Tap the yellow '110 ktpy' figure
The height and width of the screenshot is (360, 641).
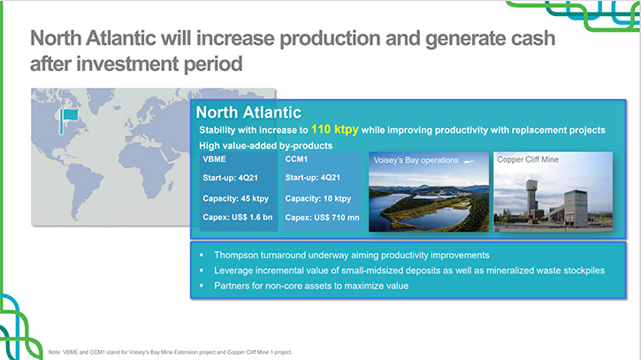pos(335,130)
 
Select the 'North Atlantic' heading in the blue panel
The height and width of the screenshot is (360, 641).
pos(248,112)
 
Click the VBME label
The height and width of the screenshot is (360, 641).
pos(214,159)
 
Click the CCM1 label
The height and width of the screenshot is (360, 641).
pos(296,159)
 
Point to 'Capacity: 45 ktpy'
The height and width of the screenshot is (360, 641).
pos(235,198)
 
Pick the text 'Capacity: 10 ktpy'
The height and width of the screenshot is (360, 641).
pos(318,198)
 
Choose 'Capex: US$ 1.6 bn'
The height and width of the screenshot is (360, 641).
pos(238,218)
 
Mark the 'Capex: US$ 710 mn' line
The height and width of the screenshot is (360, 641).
pos(322,218)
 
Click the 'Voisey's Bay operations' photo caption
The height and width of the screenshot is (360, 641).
pos(416,160)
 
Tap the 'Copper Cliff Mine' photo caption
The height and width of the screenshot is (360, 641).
pos(528,159)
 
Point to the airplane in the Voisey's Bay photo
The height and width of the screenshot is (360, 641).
pos(469,161)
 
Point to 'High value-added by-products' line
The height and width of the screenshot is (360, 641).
pos(266,146)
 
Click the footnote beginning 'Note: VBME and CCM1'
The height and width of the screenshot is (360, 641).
pos(171,352)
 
